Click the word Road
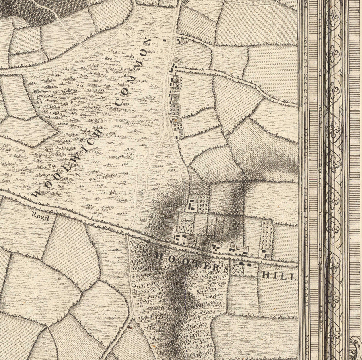(x=40, y=217)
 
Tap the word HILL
(x=279, y=276)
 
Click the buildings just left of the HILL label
(x=246, y=265)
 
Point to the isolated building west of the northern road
(x=164, y=41)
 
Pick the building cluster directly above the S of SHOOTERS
(x=181, y=239)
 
